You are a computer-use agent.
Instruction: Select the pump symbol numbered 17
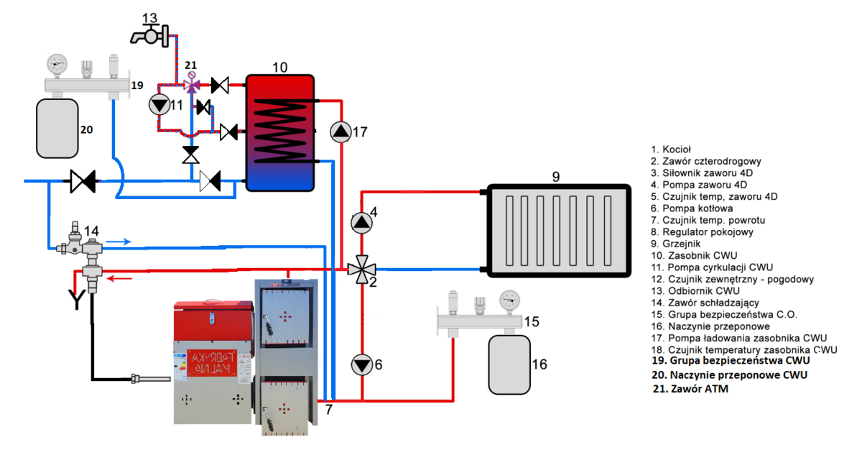click(340, 132)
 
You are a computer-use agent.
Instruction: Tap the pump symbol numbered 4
click(362, 222)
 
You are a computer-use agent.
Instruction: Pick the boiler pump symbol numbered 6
click(362, 364)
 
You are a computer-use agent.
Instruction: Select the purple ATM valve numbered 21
click(191, 86)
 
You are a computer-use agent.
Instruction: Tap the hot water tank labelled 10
click(280, 132)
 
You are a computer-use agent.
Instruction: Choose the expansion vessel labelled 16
click(509, 364)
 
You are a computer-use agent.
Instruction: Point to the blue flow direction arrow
click(124, 242)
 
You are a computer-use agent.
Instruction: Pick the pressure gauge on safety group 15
click(511, 299)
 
